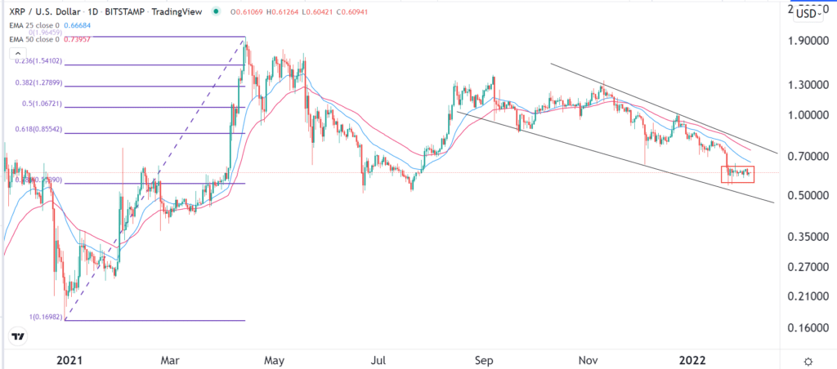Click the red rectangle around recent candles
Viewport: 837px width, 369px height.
tap(737, 174)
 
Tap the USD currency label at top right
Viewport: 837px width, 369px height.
tap(808, 13)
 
